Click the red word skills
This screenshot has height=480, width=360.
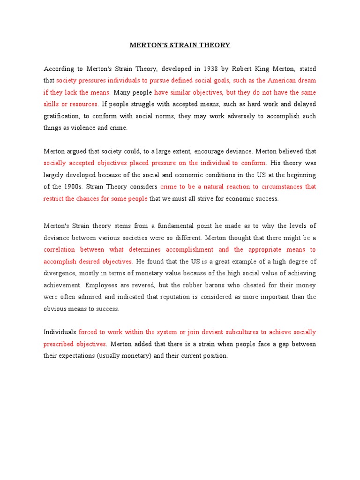(x=52, y=104)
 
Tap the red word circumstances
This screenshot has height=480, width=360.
(x=276, y=187)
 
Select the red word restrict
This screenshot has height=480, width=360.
(x=53, y=198)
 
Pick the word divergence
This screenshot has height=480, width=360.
(x=60, y=273)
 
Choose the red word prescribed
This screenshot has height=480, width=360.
(x=58, y=344)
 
